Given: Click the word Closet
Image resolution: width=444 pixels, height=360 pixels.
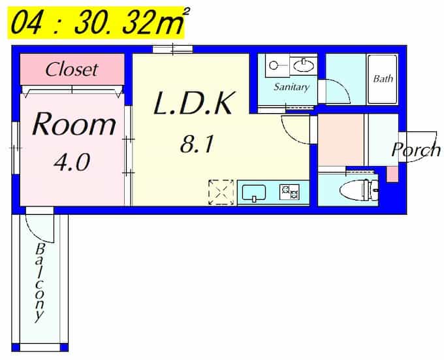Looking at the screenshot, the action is (x=72, y=69).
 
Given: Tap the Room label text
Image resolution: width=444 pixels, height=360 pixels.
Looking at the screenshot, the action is (x=74, y=124).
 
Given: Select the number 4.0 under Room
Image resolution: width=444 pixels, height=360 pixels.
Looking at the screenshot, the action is (x=72, y=162).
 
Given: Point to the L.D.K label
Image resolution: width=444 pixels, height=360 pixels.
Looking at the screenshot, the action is (x=195, y=103).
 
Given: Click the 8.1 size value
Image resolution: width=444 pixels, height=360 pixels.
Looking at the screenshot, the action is (x=197, y=144).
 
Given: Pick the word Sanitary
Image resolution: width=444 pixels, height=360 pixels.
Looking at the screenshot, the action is (x=291, y=87).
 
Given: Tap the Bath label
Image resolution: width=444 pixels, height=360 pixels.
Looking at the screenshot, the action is (x=383, y=78).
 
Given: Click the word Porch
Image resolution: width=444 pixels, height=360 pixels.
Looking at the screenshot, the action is (x=416, y=150).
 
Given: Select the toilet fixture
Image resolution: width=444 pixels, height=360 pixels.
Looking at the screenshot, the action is (x=359, y=189).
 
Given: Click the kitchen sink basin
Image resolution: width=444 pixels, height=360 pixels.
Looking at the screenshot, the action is (x=254, y=193).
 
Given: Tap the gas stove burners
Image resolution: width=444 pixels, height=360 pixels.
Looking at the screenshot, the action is (x=289, y=191).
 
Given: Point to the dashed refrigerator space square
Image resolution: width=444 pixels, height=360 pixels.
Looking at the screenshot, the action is (x=221, y=192).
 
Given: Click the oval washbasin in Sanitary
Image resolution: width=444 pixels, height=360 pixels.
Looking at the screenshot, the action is (x=304, y=66).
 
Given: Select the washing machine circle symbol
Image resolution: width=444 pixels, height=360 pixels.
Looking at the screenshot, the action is (x=273, y=66).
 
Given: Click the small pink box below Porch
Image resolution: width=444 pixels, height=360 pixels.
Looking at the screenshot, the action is (x=392, y=174).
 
